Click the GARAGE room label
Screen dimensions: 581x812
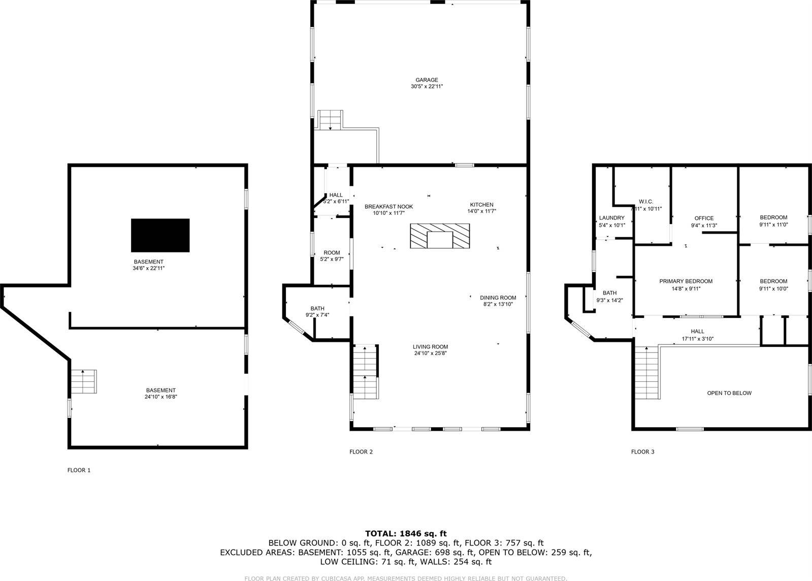pos(427,80)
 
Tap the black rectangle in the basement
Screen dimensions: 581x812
pos(160,235)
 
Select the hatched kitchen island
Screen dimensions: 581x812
pos(439,237)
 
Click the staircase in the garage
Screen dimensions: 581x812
pos(331,120)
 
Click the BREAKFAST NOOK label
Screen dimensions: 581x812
pos(388,207)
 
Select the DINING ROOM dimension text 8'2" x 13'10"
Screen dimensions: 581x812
pos(498,304)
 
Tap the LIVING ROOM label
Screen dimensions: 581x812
pos(430,347)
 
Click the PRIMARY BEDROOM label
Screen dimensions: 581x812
pos(686,281)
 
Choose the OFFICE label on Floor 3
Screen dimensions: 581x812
pos(704,218)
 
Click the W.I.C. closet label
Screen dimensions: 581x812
pos(645,202)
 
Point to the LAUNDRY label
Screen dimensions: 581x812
pos(611,218)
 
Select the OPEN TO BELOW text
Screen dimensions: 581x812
pos(729,393)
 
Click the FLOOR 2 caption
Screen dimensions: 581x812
pos(361,451)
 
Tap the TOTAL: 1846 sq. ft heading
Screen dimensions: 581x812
pos(406,533)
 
